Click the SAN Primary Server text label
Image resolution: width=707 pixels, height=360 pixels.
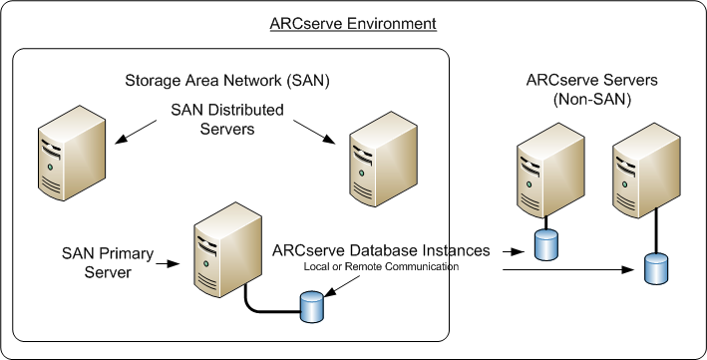pos(106,263)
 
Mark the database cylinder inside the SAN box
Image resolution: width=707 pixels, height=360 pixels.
pos(312,307)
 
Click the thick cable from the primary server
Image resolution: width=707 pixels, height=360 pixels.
pos(269,304)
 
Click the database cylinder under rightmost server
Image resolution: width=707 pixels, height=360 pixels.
pos(654,267)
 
